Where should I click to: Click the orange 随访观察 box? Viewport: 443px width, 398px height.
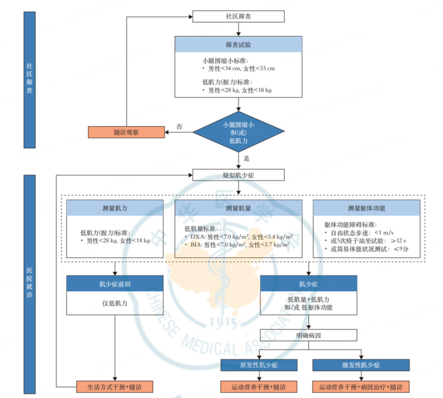(x=127, y=132)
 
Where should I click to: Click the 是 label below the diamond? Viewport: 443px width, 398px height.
(x=247, y=159)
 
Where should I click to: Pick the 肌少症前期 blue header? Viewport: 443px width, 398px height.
(x=115, y=283)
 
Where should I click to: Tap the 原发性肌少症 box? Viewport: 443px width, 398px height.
(x=258, y=365)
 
